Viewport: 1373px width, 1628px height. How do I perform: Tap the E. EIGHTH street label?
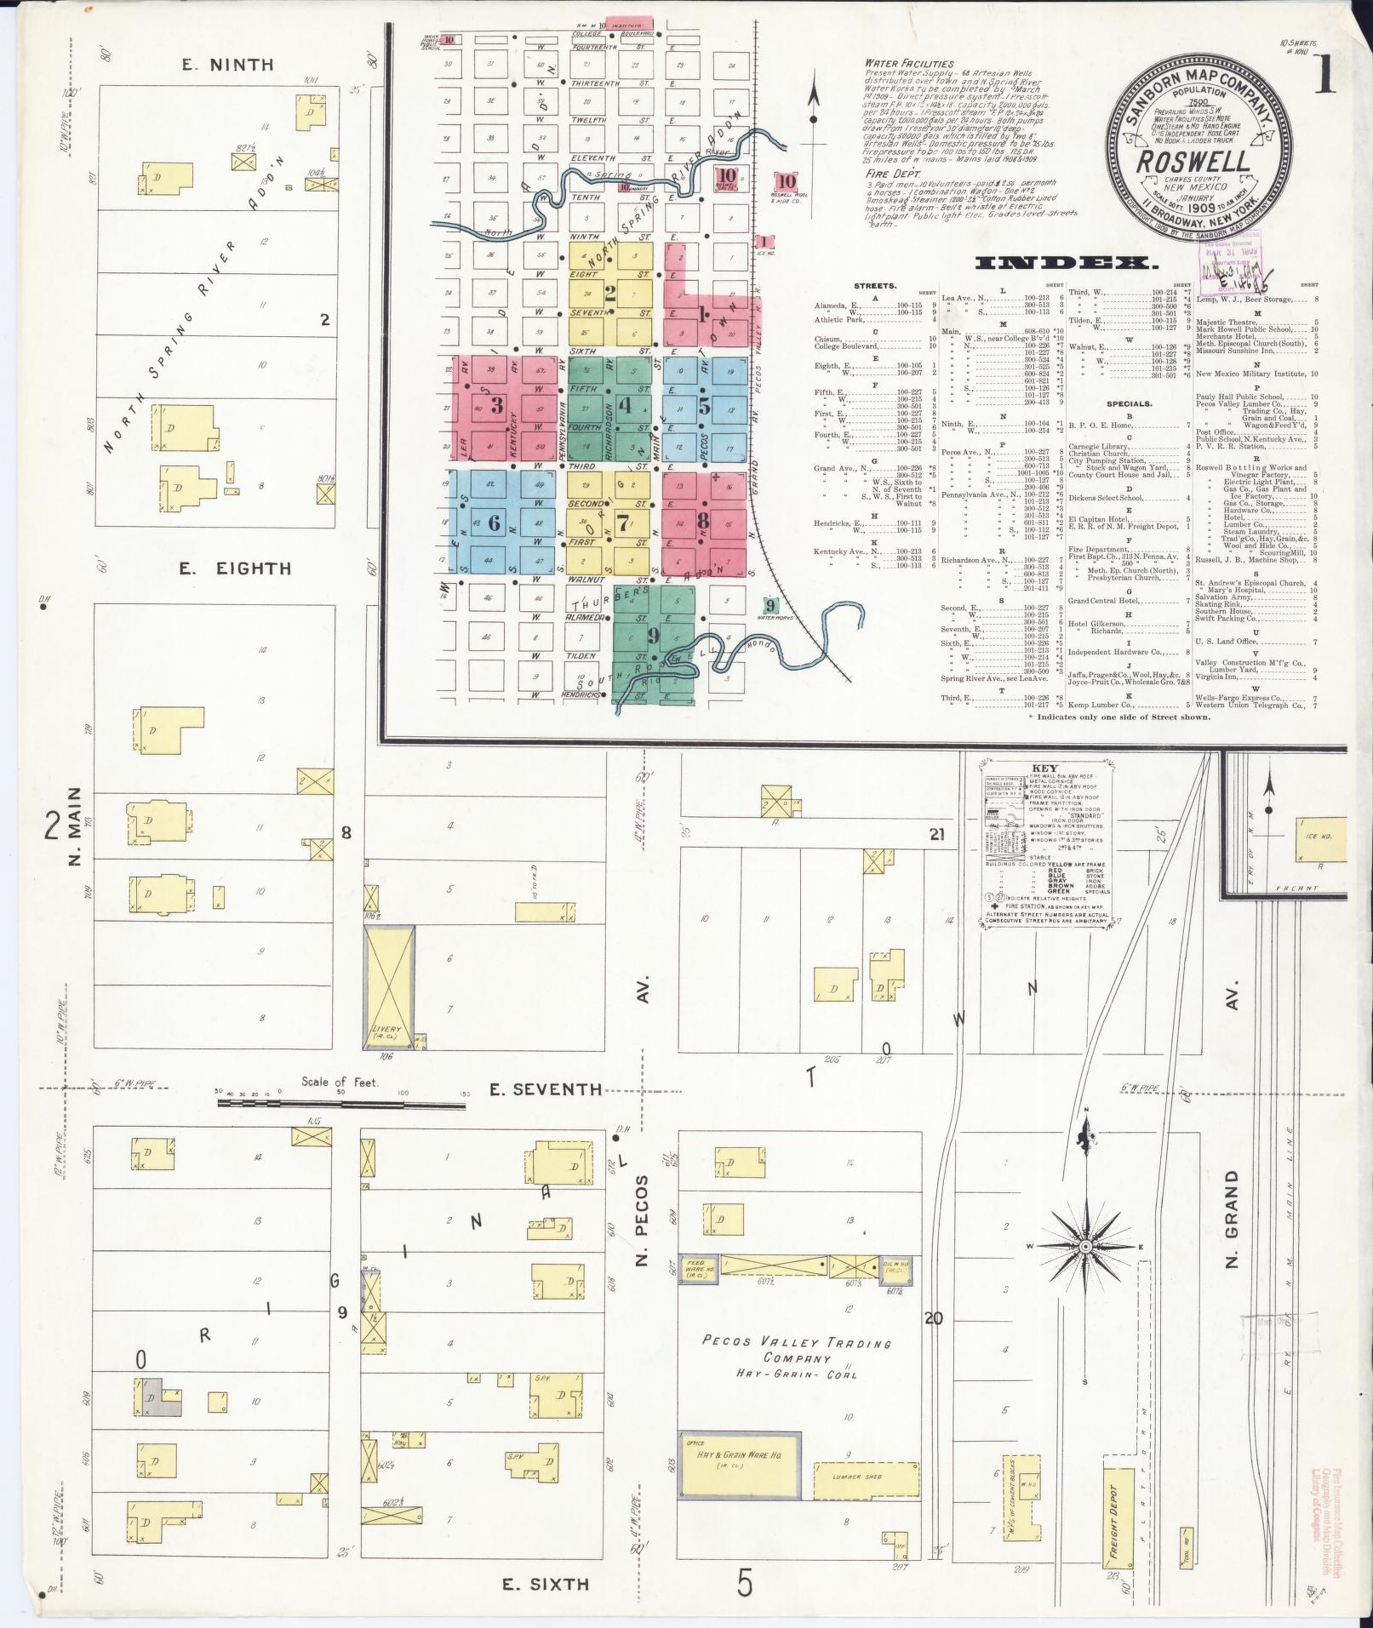[x=235, y=568]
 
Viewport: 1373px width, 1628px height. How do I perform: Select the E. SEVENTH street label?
[x=545, y=1089]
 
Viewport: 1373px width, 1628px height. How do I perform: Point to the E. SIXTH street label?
[x=545, y=1584]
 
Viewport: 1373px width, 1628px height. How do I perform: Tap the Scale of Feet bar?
[x=340, y=1103]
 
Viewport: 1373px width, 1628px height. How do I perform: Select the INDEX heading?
[x=1067, y=264]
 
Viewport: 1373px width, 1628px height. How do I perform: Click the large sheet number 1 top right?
[x=1324, y=78]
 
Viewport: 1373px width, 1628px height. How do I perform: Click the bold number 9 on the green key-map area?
[x=653, y=635]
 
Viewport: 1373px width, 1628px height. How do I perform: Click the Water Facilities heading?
[x=909, y=64]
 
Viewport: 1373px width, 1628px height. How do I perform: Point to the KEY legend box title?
[x=1050, y=767]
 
